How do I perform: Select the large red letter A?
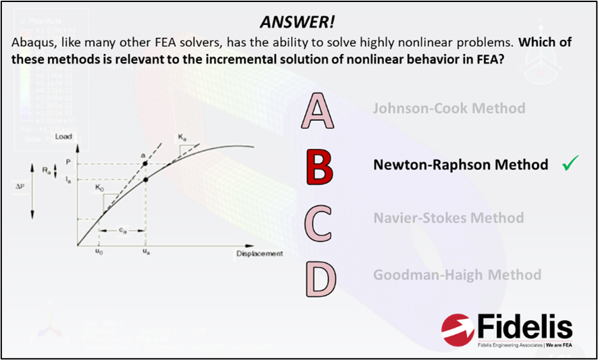click(318, 112)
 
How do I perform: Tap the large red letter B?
click(320, 168)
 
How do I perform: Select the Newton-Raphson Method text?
click(460, 164)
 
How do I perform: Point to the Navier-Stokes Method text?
click(448, 218)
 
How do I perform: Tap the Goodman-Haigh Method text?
click(457, 275)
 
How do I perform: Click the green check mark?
click(570, 163)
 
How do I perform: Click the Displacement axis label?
click(259, 253)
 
